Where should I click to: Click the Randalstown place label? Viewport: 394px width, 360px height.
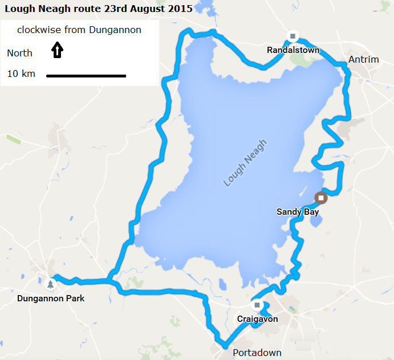293,51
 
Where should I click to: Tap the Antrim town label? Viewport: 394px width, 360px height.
363,60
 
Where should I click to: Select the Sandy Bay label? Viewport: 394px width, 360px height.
298,212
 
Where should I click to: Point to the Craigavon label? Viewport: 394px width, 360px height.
258,319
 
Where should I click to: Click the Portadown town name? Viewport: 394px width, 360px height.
257,353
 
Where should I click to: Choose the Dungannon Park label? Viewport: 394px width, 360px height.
51,298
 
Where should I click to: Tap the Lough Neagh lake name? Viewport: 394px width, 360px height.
245,163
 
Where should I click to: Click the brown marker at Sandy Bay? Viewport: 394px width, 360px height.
321,198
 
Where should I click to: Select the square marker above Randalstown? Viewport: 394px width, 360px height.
293,36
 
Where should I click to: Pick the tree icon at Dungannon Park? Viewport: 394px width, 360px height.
51,284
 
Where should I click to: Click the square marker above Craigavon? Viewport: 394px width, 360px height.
257,305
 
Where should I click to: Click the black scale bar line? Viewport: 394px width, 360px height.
86,75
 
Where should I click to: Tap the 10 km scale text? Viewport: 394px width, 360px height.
21,73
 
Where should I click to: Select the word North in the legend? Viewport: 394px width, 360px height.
19,54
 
